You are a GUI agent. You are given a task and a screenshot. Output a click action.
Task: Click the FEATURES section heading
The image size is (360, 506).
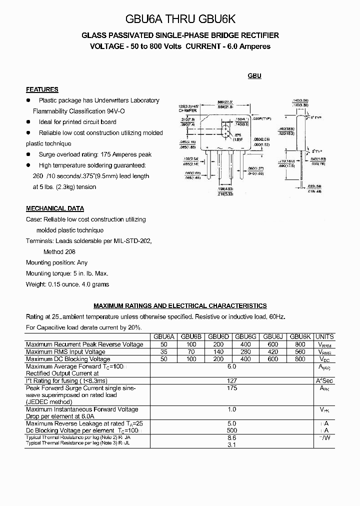tap(42, 89)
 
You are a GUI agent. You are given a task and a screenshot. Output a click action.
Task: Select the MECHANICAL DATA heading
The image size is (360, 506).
tap(55, 208)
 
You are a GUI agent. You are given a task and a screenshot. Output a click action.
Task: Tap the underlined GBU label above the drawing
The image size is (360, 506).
tap(254, 76)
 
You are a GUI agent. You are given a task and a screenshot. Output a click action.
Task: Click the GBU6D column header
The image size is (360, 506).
tap(218, 337)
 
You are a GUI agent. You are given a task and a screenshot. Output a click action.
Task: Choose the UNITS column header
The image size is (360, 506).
tap(324, 337)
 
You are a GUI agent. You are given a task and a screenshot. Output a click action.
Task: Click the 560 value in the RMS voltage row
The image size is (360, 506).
tap(300, 352)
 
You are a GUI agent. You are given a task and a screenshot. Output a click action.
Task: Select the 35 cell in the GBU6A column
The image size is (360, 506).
tap(163, 352)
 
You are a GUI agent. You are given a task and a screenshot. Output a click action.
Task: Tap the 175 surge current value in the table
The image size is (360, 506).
tap(232, 388)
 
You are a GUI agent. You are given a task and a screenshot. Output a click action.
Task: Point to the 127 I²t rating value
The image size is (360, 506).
tap(232, 380)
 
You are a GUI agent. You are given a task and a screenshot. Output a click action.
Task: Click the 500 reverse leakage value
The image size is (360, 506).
tap(232, 430)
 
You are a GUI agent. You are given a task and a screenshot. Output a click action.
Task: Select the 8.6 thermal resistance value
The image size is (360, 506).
tap(232, 437)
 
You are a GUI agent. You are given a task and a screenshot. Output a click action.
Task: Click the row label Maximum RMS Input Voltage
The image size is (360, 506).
tap(65, 352)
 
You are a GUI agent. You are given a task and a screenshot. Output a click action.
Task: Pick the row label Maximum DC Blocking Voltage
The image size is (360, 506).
tap(68, 359)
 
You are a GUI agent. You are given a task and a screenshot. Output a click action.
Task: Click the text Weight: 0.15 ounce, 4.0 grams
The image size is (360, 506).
tap(67, 284)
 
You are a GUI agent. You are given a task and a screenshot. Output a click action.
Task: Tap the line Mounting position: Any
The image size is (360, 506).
tap(56, 262)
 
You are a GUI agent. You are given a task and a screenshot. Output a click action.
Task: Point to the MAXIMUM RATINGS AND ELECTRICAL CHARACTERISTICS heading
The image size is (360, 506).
tap(180, 305)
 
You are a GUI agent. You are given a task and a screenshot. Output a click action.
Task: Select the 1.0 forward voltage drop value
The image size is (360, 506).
tap(232, 409)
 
